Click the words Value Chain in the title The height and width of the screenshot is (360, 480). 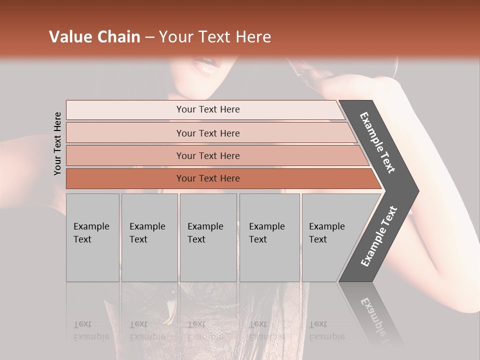94,37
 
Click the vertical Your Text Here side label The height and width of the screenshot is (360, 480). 57,143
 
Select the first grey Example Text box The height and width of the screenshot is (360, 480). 92,237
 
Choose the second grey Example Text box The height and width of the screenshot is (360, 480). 149,237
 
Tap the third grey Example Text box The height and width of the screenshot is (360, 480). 208,237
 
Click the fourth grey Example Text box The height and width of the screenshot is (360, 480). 269,237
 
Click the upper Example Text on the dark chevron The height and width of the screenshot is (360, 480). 377,142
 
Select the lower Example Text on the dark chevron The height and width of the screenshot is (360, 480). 378,236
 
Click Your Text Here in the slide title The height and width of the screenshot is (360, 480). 215,37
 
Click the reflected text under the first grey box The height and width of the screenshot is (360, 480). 91,330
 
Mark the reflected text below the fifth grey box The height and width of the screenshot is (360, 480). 326,330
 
